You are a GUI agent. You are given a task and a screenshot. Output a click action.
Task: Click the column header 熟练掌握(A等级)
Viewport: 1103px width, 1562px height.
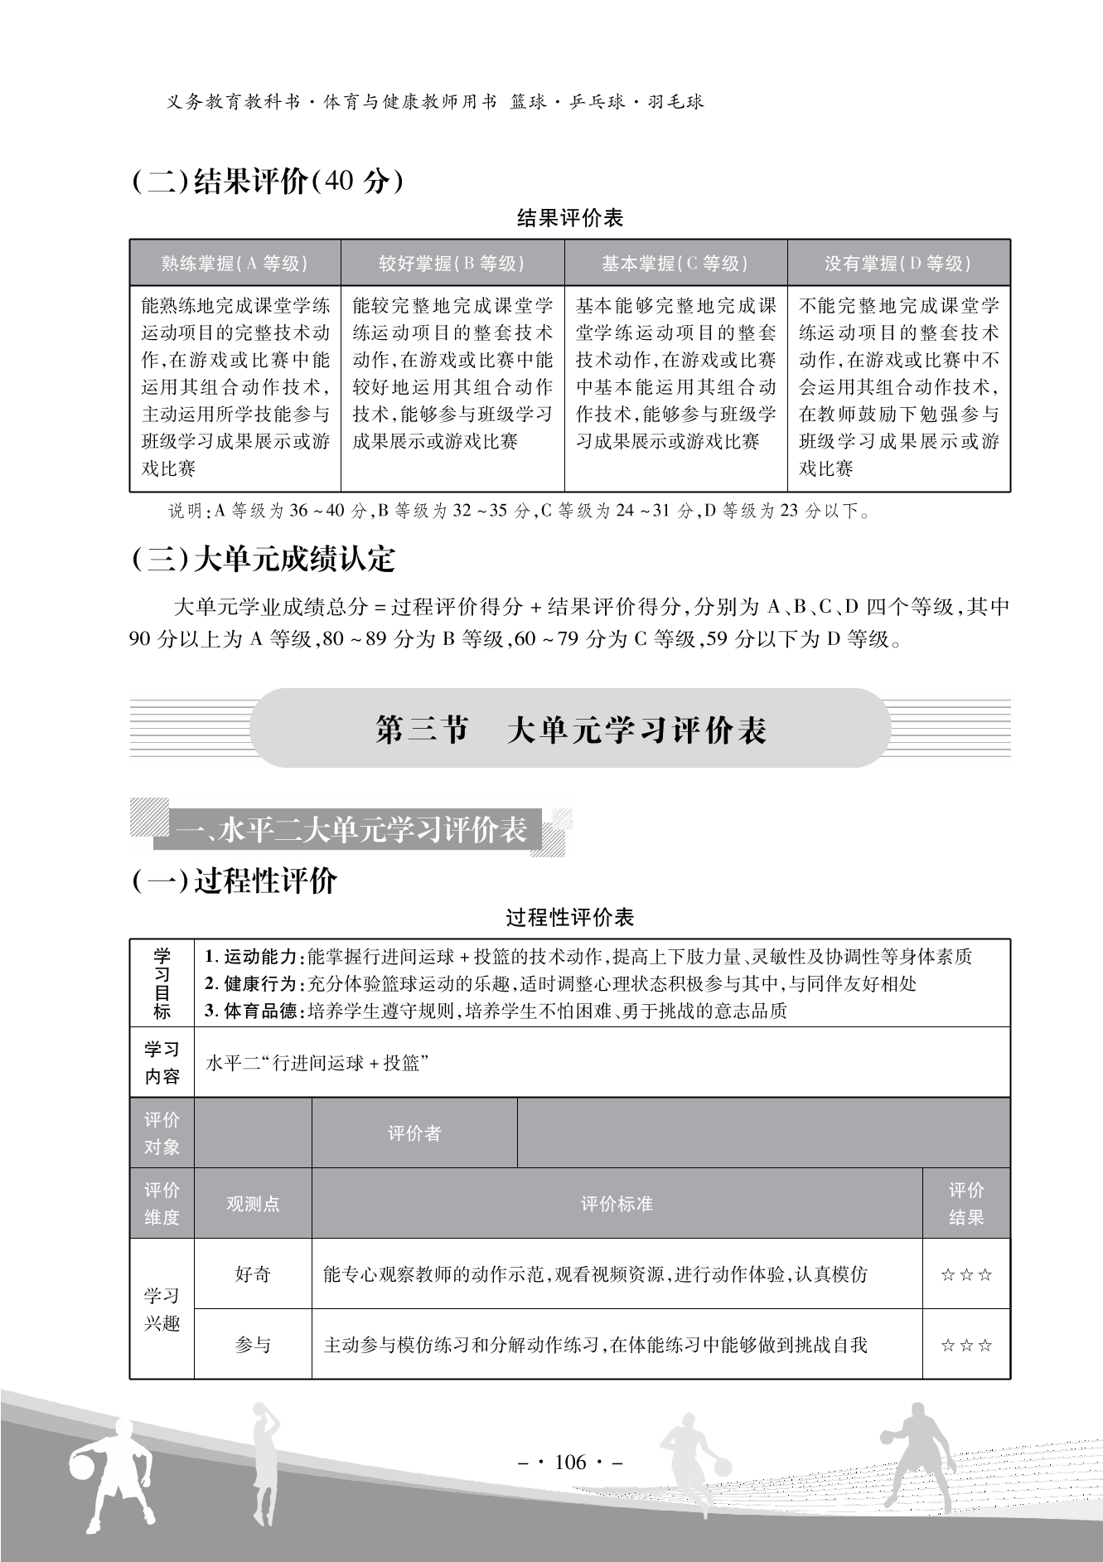(x=235, y=264)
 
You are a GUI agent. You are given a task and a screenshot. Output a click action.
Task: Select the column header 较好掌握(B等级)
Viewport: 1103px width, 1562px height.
(x=452, y=264)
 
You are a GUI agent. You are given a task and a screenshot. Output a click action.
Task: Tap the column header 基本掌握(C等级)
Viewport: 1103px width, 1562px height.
(x=675, y=264)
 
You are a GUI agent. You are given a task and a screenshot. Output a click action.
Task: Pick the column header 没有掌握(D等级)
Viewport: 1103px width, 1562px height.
(x=898, y=264)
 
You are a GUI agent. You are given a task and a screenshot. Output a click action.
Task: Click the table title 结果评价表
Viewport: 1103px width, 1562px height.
(x=569, y=219)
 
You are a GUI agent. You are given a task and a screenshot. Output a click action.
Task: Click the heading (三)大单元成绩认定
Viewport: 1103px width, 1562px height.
(x=264, y=560)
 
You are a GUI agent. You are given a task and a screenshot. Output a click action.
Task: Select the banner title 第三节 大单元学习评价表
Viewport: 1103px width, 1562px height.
(x=570, y=730)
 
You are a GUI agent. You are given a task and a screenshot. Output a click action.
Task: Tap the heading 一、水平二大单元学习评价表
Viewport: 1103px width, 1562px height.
(x=351, y=830)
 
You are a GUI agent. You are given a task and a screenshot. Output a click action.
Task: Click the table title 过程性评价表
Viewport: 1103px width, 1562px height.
(x=569, y=918)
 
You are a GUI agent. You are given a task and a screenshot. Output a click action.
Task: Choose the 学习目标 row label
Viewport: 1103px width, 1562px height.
(x=162, y=983)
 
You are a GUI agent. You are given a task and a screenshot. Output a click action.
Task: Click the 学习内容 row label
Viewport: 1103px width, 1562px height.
(x=162, y=1063)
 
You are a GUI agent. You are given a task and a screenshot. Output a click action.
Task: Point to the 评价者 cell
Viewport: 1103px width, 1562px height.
(x=414, y=1133)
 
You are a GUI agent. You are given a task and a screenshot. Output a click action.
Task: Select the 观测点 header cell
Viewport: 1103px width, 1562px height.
(x=253, y=1204)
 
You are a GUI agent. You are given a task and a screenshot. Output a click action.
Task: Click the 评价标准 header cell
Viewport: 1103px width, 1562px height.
(x=617, y=1204)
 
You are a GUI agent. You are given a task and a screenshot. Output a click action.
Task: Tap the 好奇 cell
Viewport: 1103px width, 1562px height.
(x=253, y=1274)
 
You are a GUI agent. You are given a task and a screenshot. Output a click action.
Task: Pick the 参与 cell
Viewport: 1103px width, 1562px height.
(x=253, y=1345)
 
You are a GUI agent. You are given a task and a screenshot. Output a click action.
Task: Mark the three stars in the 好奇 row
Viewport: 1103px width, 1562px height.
(x=966, y=1275)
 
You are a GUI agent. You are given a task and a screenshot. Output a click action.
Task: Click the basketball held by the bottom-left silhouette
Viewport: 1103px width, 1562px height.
(x=82, y=1467)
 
